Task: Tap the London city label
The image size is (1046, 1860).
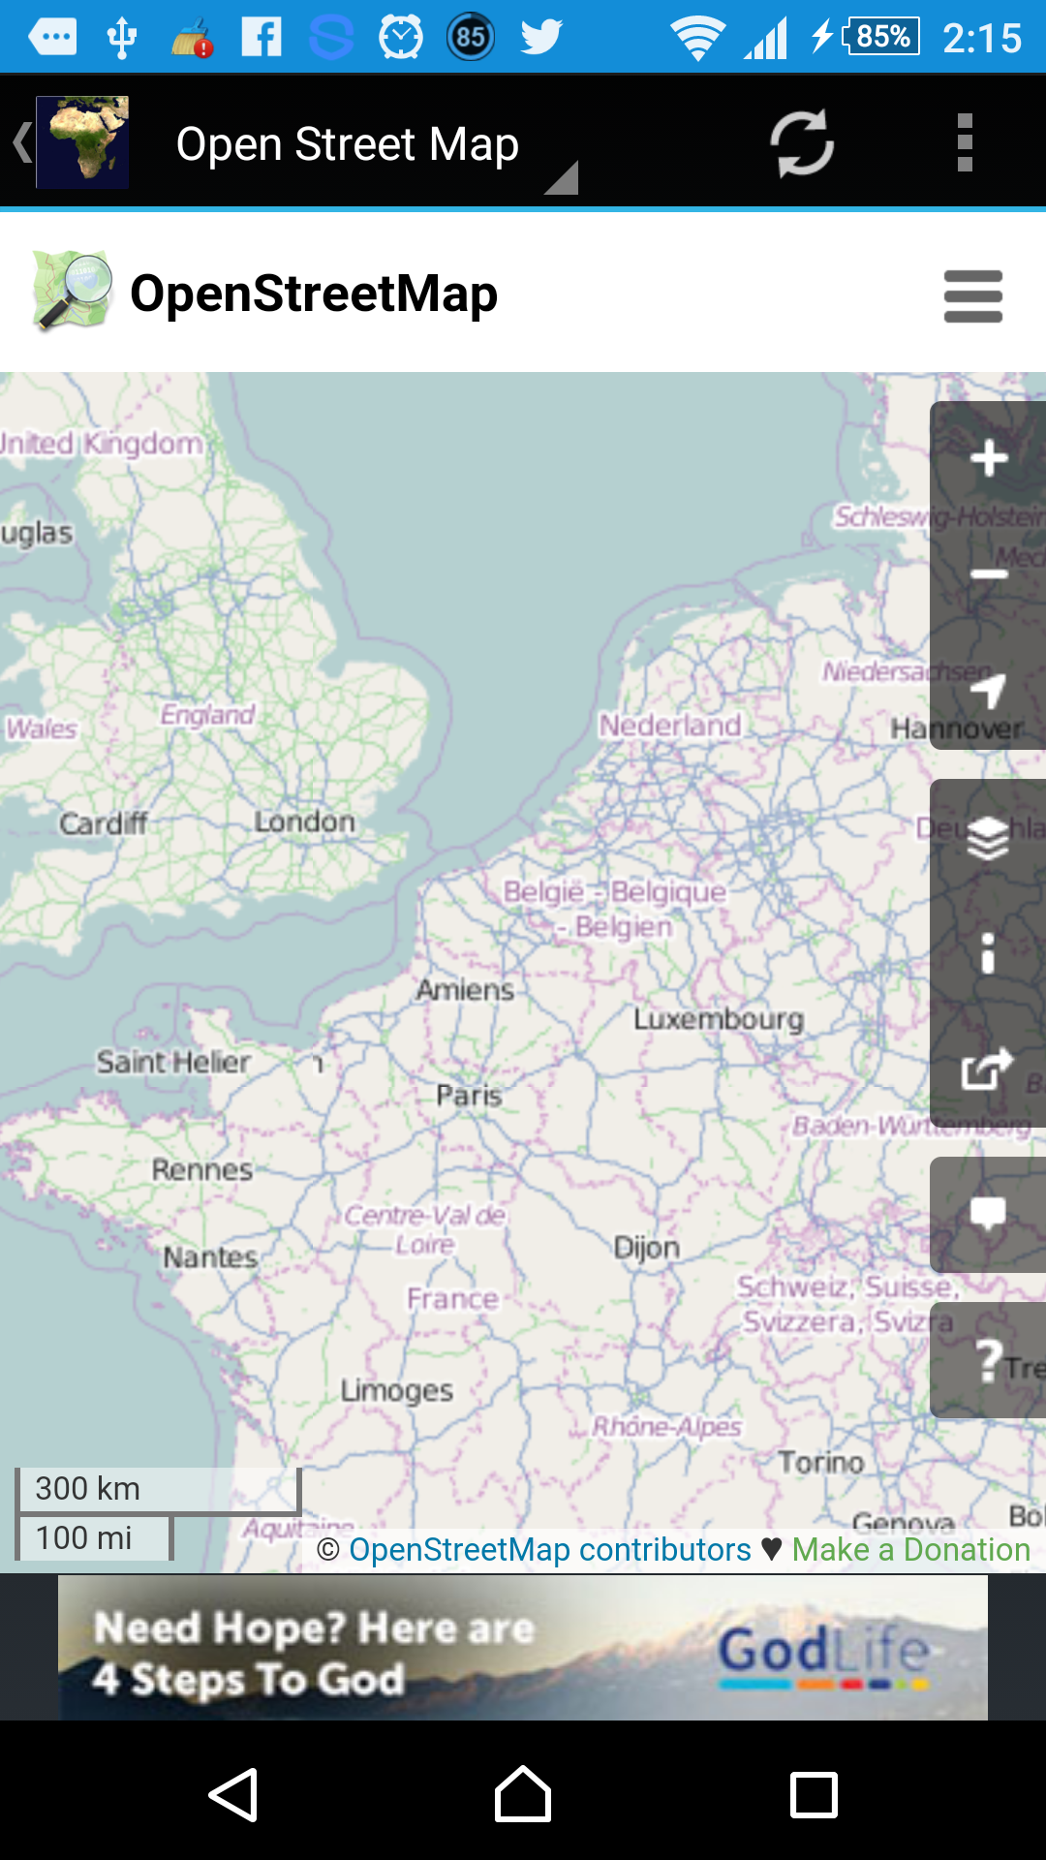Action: pyautogui.click(x=304, y=822)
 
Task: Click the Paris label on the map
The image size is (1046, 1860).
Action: pyautogui.click(x=469, y=1096)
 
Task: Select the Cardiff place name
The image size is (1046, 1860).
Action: pyautogui.click(x=104, y=824)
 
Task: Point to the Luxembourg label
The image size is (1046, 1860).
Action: pyautogui.click(x=719, y=1019)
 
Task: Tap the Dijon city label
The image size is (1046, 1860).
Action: pyautogui.click(x=647, y=1248)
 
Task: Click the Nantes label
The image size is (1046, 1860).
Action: pyautogui.click(x=210, y=1257)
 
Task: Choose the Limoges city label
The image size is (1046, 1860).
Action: pyautogui.click(x=397, y=1391)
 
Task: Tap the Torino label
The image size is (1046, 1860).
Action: pyautogui.click(x=820, y=1462)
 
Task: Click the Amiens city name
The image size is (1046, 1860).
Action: pyautogui.click(x=465, y=990)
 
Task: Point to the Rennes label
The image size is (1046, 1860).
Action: pyautogui.click(x=201, y=1170)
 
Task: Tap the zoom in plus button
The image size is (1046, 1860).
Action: pyautogui.click(x=989, y=458)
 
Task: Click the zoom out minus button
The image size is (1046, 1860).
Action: pyautogui.click(x=989, y=574)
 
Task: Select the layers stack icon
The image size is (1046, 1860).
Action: pyautogui.click(x=988, y=838)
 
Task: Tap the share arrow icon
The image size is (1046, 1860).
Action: pyautogui.click(x=987, y=1069)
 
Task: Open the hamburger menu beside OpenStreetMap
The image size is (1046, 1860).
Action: pyautogui.click(x=973, y=296)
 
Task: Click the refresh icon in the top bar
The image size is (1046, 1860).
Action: pyautogui.click(x=802, y=143)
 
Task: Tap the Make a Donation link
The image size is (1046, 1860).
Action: pyautogui.click(x=910, y=1549)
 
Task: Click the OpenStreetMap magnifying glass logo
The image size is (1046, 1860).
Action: pyautogui.click(x=72, y=292)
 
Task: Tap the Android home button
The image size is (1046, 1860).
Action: pyautogui.click(x=523, y=1795)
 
